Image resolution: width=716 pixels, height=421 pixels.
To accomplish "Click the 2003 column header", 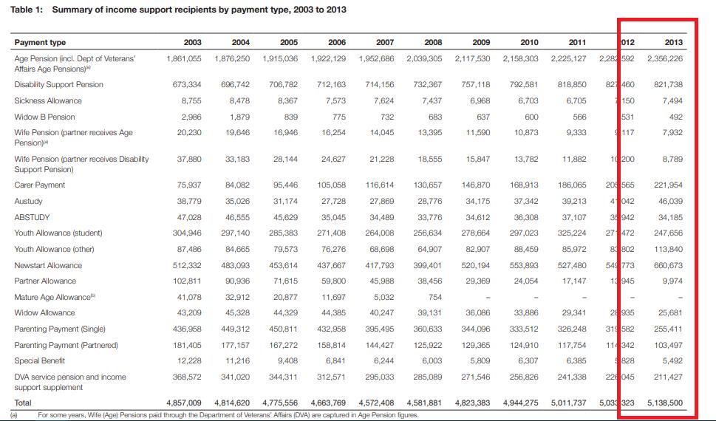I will pos(192,42).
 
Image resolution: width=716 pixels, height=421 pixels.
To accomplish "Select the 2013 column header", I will pos(672,42).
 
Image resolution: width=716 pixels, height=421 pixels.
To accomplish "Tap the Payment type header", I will pos(40,42).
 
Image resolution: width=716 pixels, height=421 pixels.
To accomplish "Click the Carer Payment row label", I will pos(40,185).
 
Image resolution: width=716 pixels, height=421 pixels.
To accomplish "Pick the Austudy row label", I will pos(29,201).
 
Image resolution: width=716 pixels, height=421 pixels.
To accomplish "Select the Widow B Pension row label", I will pos(44,117).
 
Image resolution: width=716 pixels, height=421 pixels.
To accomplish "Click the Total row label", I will pos(23,403).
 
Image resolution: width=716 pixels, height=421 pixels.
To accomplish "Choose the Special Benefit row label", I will pos(40,360).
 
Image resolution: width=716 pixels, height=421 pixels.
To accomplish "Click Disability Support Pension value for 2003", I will pos(188,84).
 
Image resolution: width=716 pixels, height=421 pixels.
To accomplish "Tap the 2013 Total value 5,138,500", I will pos(664,403).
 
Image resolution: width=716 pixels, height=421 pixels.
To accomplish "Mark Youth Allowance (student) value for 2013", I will pos(668,233).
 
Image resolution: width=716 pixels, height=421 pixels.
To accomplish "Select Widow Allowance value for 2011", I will pos(573,312).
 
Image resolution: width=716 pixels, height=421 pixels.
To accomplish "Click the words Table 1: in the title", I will pos(27,10).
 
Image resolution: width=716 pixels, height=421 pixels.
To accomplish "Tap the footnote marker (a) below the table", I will pos(14,415).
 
